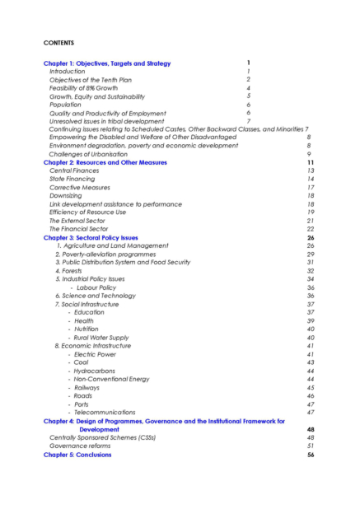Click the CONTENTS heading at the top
click(58, 41)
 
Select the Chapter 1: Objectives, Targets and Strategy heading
click(107, 63)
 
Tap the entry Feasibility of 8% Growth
click(85, 87)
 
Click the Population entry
click(65, 105)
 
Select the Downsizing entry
click(66, 196)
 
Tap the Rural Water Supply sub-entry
click(101, 338)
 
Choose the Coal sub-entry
click(81, 362)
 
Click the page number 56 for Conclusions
click(311, 455)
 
